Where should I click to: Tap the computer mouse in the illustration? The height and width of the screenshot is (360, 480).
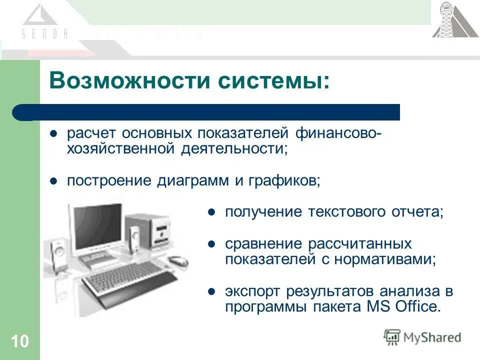click(177, 260)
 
